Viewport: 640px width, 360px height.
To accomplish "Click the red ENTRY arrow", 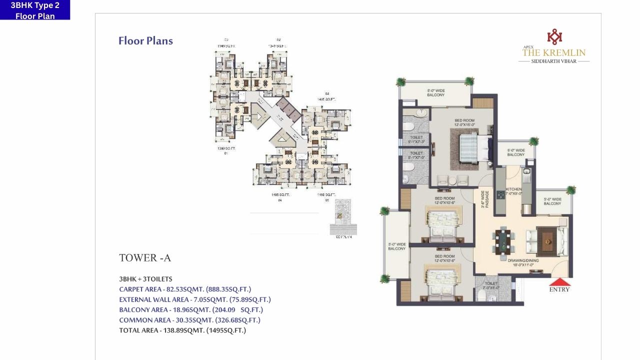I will (x=559, y=281).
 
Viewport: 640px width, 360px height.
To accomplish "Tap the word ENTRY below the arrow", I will (x=559, y=289).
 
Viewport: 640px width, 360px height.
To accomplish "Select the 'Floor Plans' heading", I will (x=145, y=41).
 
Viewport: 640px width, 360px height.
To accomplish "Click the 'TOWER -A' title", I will (x=145, y=258).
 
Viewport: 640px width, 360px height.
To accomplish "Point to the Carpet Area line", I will (x=185, y=289).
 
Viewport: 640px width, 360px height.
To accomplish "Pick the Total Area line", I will (x=182, y=330).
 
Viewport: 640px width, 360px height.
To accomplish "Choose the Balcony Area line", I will (x=191, y=310).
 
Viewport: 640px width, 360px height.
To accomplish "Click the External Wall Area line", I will (x=195, y=299).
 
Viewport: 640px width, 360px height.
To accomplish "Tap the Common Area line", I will (x=189, y=320).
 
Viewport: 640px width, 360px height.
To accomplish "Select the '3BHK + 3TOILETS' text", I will (x=145, y=279).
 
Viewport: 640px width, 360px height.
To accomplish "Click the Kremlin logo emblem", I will (x=554, y=37).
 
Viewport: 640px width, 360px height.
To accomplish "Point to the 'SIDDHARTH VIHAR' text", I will (x=554, y=61).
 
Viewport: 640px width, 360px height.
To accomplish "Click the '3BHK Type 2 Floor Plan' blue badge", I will (x=35, y=10).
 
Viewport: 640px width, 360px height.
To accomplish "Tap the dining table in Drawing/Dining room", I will (x=503, y=240).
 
